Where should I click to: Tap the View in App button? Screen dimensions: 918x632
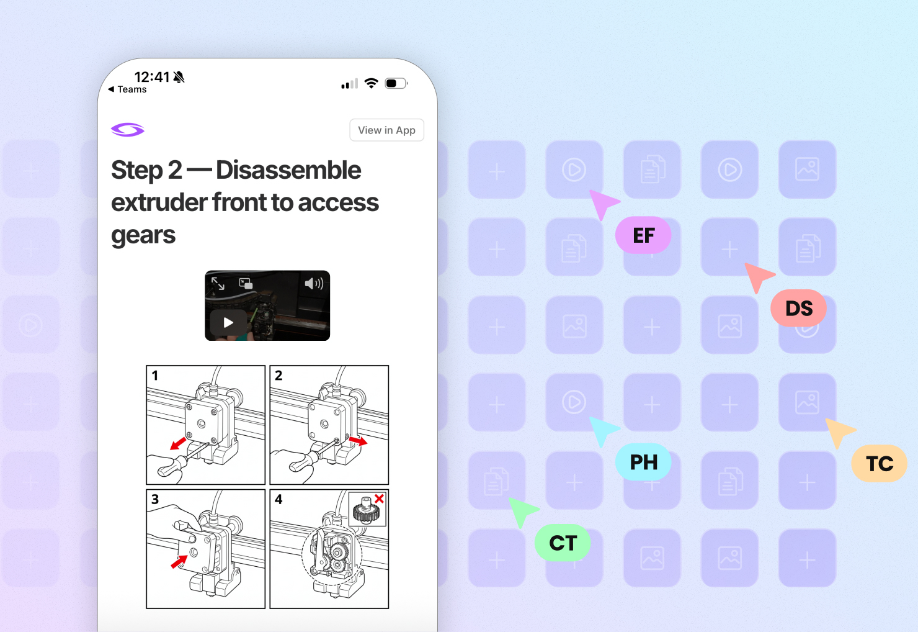386,130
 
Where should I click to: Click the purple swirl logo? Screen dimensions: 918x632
127,130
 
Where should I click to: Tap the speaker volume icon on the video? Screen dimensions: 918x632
314,283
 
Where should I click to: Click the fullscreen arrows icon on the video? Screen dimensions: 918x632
218,283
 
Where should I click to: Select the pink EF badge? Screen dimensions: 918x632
643,235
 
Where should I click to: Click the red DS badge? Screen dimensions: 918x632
798,308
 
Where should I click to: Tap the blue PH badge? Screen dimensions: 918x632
643,462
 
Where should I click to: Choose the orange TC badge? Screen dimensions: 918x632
879,463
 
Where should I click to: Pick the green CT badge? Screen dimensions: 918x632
563,543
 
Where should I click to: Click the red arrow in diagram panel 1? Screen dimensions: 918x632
178,443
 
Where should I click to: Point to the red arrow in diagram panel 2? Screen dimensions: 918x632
358,441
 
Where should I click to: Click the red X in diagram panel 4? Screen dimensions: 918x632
379,499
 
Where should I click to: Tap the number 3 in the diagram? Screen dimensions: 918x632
155,499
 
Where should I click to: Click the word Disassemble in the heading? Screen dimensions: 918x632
288,169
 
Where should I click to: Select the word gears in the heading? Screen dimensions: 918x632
143,235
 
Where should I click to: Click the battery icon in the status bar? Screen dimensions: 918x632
396,84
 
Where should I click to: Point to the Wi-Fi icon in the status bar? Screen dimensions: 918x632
372,83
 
